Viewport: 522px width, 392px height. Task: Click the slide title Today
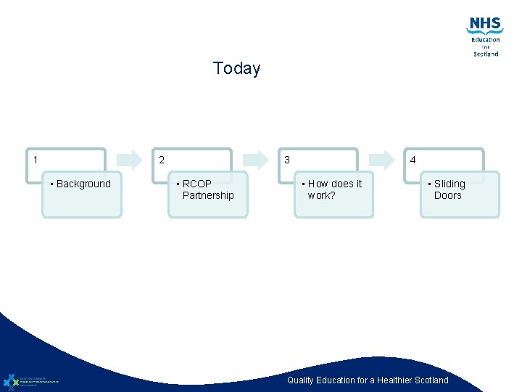pyautogui.click(x=236, y=68)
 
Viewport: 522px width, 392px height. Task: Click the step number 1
pyautogui.click(x=36, y=160)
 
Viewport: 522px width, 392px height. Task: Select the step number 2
pyautogui.click(x=161, y=160)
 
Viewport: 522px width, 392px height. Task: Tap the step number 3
pyautogui.click(x=287, y=160)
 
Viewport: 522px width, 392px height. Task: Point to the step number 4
pyautogui.click(x=413, y=160)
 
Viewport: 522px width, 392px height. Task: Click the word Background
pyautogui.click(x=83, y=184)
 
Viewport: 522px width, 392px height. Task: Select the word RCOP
pyautogui.click(x=197, y=184)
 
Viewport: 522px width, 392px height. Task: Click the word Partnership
pyautogui.click(x=208, y=195)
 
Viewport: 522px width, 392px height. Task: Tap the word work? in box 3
pyautogui.click(x=321, y=195)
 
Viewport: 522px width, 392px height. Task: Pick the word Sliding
pyautogui.click(x=449, y=184)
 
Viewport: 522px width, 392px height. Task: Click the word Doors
pyautogui.click(x=447, y=195)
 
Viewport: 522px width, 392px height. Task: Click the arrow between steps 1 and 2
pyautogui.click(x=130, y=160)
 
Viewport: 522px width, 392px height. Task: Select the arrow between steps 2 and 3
pyautogui.click(x=256, y=160)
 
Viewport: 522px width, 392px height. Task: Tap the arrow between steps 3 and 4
pyautogui.click(x=382, y=160)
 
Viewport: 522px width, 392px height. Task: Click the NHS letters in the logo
pyautogui.click(x=485, y=24)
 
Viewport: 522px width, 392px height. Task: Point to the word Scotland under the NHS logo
pyautogui.click(x=486, y=54)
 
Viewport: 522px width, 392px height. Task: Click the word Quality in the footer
pyautogui.click(x=301, y=380)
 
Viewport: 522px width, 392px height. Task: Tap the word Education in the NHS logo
pyautogui.click(x=486, y=40)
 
